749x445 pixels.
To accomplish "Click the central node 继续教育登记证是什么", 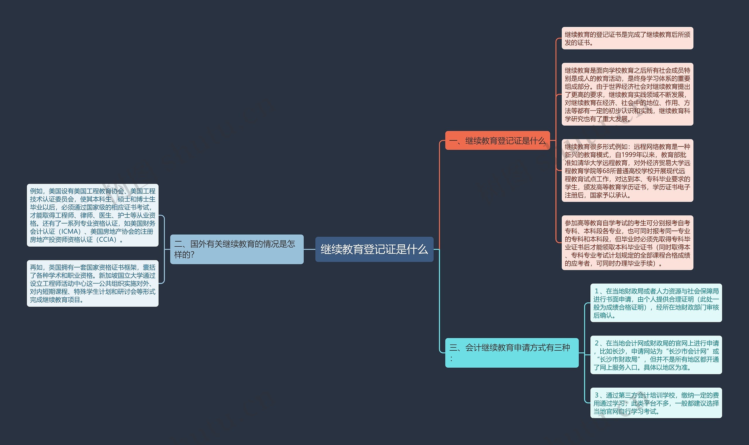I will pos(374,249).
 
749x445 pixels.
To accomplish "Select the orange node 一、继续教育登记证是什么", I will pos(497,140).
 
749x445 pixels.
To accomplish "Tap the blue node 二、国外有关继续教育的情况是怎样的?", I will pos(237,249).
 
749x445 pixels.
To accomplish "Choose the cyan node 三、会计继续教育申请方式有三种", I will pos(511,353).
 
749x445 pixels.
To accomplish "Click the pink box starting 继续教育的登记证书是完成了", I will pos(627,38).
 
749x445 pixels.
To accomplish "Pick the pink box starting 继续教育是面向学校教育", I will pos(627,94).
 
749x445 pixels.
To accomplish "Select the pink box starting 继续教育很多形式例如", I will pos(627,170).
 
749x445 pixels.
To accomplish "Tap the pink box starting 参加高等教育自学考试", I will pos(627,243).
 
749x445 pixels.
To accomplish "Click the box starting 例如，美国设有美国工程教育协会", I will pos(92,215).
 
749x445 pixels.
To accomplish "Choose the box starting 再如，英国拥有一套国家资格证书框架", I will pos(92,283).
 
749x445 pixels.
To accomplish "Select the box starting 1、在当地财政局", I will pos(656,303).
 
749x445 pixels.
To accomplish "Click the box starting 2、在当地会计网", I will pos(656,355).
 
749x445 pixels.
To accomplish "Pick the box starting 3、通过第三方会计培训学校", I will pos(656,403).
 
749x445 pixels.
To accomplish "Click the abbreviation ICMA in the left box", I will pos(71,231).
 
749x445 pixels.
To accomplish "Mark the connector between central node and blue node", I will pos(309,249).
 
